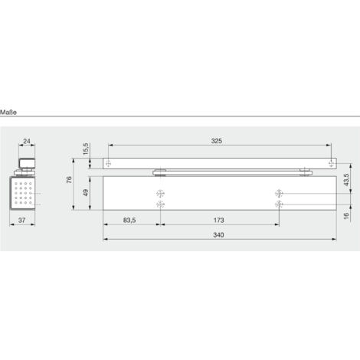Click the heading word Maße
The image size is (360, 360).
click(8, 113)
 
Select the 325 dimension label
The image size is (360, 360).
click(217, 141)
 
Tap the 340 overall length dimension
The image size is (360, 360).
click(218, 235)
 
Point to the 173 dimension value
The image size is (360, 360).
click(219, 220)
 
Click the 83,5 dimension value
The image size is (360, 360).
click(129, 220)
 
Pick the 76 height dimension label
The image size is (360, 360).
click(69, 180)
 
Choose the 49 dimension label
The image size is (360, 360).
click(86, 192)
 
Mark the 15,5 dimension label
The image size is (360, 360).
click(86, 149)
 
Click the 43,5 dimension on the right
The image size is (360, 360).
click(346, 180)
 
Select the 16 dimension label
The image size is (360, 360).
click(346, 216)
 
